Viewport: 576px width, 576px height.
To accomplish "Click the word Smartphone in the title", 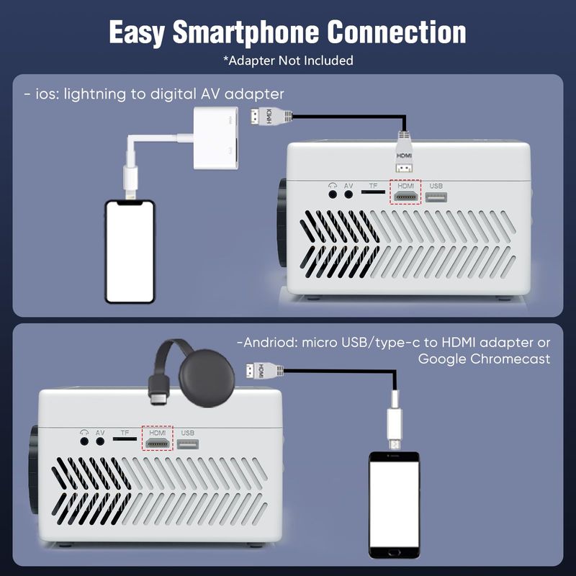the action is [246, 32].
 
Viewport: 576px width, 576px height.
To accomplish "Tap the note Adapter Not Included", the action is [289, 60].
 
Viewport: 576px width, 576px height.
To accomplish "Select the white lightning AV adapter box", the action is [216, 138].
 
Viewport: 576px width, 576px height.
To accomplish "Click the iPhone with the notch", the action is [130, 251].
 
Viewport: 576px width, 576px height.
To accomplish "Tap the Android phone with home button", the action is [394, 505].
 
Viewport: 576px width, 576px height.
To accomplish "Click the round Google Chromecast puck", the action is [207, 378].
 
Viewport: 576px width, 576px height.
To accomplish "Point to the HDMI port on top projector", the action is [405, 197].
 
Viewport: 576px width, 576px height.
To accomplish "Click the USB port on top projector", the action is [436, 197].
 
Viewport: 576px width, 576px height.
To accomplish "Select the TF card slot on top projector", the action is [373, 192].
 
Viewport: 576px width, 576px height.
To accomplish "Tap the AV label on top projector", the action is [348, 186].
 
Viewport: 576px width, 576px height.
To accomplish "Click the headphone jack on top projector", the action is [333, 194].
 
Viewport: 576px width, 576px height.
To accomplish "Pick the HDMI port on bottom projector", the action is [157, 444].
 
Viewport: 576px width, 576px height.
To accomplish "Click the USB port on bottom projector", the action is [188, 444].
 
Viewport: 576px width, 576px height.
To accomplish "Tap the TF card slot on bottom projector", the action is [125, 438].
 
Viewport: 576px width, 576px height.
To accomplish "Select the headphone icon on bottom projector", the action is [84, 433].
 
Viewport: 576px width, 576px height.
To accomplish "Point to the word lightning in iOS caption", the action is [95, 94].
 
